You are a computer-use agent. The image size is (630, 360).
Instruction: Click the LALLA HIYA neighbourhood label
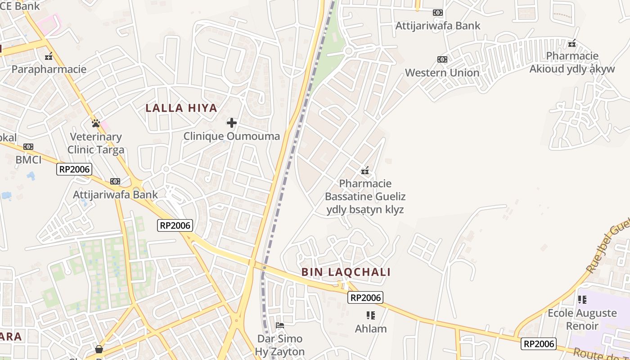[x=181, y=108]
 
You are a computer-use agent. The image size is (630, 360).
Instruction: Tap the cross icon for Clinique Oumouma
[x=232, y=122]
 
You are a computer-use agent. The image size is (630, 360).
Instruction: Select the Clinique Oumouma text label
[x=232, y=136]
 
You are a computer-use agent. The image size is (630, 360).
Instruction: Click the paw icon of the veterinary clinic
[x=95, y=123]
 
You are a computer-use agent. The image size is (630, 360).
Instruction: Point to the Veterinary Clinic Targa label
[x=96, y=143]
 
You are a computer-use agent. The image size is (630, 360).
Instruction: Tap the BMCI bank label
[x=28, y=160]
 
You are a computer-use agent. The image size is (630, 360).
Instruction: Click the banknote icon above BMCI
[x=28, y=147]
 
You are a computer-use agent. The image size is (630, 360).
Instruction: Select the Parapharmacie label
[x=49, y=69]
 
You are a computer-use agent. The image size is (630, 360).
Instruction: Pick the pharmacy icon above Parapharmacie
[x=49, y=57]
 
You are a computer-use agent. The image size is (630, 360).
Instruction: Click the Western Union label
[x=442, y=72]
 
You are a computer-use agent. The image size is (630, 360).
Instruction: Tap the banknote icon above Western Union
[x=442, y=59]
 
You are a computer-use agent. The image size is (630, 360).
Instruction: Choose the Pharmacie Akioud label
[x=572, y=63]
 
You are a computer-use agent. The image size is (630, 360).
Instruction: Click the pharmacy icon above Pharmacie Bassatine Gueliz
[x=365, y=171]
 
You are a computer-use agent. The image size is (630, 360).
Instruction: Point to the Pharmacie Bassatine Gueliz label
[x=365, y=196]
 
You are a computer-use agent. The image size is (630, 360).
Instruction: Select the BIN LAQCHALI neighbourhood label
[x=346, y=272]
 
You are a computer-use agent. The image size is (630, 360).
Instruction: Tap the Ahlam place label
[x=371, y=328]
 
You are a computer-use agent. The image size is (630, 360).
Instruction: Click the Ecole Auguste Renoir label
[x=582, y=319]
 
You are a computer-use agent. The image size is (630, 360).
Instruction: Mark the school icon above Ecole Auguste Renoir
[x=582, y=300]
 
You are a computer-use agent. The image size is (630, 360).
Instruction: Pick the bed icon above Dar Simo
[x=280, y=325]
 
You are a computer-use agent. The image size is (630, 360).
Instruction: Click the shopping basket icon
[x=99, y=349]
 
